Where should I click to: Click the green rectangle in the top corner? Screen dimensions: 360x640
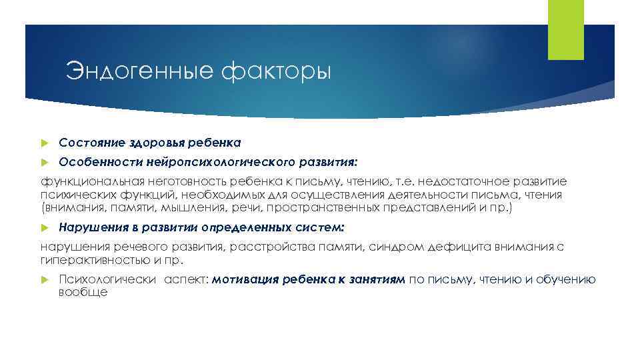(x=565, y=30)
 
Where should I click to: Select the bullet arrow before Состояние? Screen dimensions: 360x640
(x=45, y=143)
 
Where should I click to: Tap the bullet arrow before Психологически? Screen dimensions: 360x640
(x=45, y=280)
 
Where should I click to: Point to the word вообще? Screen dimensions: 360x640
(x=83, y=292)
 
